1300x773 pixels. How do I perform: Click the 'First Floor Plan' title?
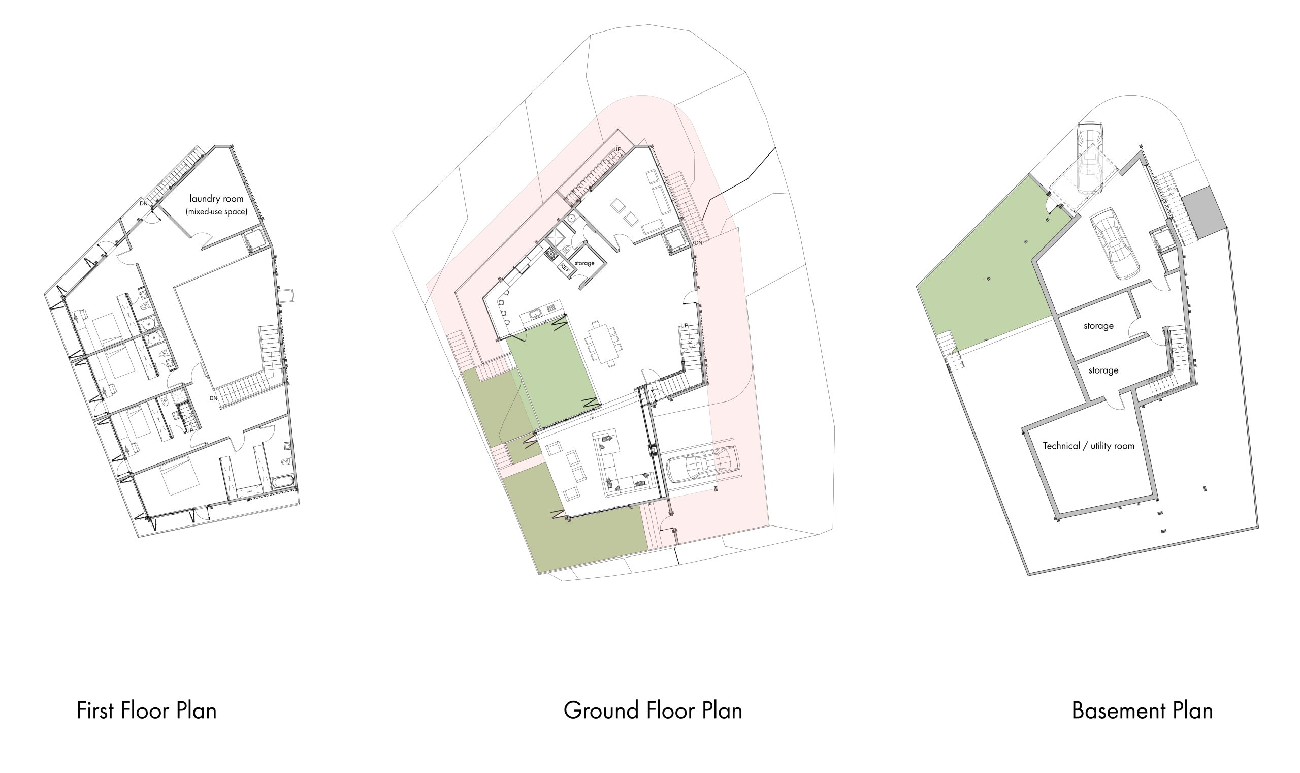pos(146,710)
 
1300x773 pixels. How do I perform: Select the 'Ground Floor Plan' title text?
pos(653,710)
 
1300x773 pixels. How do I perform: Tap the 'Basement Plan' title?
pos(1142,710)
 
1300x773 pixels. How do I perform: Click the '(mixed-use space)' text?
pos(216,212)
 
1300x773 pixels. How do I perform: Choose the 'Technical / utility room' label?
pos(1088,446)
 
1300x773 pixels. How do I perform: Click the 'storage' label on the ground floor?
pos(584,263)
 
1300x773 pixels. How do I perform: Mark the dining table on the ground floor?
pos(604,343)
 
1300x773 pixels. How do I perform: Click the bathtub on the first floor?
pos(283,481)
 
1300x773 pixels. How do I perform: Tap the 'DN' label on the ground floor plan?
pos(698,243)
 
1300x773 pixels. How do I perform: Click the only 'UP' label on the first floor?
pos(189,431)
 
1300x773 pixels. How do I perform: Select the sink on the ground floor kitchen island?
pos(535,313)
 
